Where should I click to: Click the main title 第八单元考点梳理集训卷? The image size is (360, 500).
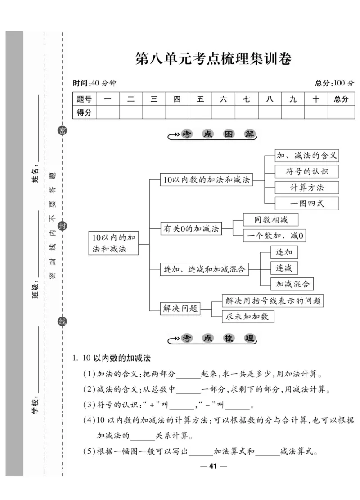pyautogui.click(x=213, y=59)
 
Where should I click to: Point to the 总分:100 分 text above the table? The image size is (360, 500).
pyautogui.click(x=334, y=83)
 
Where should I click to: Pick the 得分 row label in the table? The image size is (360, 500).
pyautogui.click(x=84, y=112)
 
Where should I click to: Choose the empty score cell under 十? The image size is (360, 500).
pyautogui.click(x=316, y=112)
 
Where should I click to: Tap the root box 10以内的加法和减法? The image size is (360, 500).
pyautogui.click(x=113, y=243)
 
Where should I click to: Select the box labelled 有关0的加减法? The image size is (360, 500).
pyautogui.click(x=191, y=229)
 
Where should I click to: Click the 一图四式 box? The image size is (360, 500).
pyautogui.click(x=307, y=203)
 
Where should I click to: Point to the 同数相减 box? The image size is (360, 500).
pyautogui.click(x=271, y=220)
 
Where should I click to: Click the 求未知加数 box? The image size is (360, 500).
pyautogui.click(x=248, y=317)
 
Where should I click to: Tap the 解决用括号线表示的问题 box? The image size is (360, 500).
pyautogui.click(x=274, y=301)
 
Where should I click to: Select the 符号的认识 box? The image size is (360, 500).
pyautogui.click(x=307, y=171)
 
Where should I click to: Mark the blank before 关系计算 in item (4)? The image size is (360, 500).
pyautogui.click(x=143, y=436)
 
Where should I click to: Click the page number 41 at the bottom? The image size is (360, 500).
pyautogui.click(x=213, y=466)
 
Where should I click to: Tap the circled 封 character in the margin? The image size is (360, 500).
pyautogui.click(x=63, y=226)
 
